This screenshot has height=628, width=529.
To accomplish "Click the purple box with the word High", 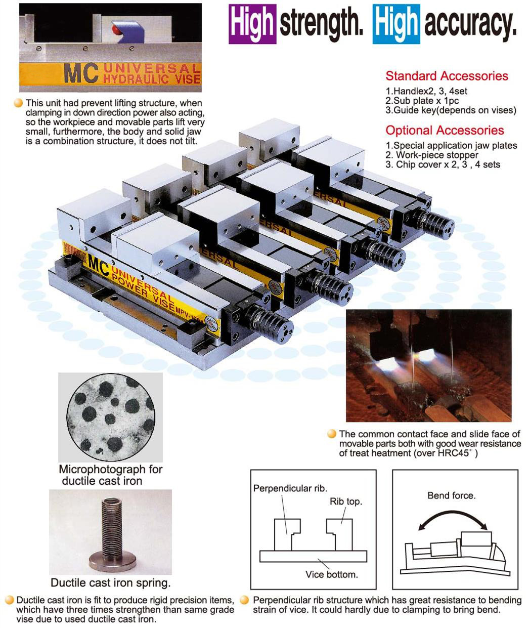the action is pyautogui.click(x=252, y=24).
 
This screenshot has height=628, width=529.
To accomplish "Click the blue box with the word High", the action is pyautogui.click(x=396, y=24).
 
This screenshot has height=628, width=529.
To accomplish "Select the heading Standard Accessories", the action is pyautogui.click(x=447, y=76).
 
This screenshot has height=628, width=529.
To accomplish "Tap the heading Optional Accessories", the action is pyautogui.click(x=445, y=130).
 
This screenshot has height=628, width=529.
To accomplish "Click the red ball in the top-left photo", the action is pyautogui.click(x=116, y=30).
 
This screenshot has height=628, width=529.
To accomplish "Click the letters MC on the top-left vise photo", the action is pyautogui.click(x=81, y=73).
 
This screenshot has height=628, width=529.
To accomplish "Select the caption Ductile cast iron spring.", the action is pyautogui.click(x=111, y=582).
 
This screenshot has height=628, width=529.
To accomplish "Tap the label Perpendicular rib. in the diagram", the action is pyautogui.click(x=290, y=488).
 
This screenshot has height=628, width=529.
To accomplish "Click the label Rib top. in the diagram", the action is pyautogui.click(x=346, y=501).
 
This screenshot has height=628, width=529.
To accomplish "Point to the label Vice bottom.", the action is pyautogui.click(x=332, y=574).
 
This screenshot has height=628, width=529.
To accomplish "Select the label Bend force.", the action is pyautogui.click(x=452, y=495).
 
